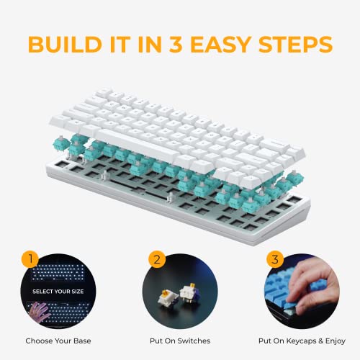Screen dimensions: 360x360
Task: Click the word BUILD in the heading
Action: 63,42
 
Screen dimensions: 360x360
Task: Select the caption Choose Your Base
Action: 58,339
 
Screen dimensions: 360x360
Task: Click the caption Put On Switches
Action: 179,339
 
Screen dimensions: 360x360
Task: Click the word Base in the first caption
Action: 80,339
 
